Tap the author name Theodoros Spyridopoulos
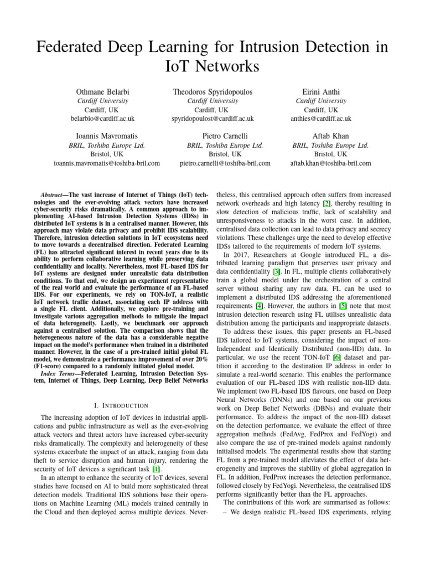point(212,91)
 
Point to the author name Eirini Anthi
point(321,91)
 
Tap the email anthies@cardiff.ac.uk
point(321,118)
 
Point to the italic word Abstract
point(55,196)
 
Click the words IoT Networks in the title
point(212,67)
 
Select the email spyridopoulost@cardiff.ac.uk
point(212,118)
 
